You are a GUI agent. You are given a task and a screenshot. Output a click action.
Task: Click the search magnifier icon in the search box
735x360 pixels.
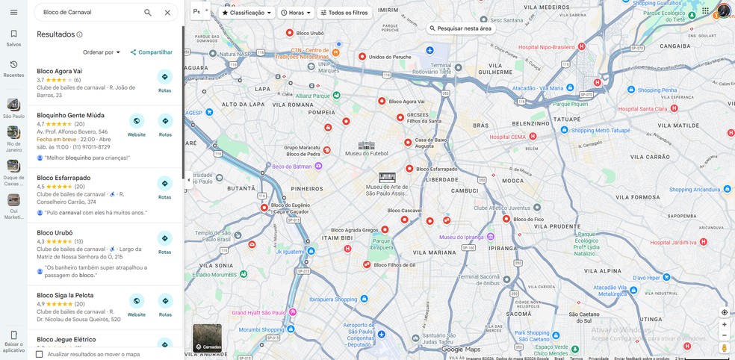click(x=148, y=13)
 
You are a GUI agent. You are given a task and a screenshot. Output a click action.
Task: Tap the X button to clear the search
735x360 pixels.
click(x=167, y=13)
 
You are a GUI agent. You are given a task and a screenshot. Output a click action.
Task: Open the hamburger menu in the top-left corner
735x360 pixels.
click(x=13, y=12)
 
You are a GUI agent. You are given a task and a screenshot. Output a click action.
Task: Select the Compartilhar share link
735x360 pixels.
click(x=151, y=52)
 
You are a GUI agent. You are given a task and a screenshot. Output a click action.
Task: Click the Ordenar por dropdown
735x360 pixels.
click(x=102, y=52)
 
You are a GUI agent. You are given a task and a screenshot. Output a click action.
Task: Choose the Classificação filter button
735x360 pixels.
click(x=246, y=13)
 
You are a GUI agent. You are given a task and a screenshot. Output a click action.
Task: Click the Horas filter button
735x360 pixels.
click(x=296, y=13)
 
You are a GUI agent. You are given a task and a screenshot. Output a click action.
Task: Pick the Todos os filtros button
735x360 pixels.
click(x=344, y=13)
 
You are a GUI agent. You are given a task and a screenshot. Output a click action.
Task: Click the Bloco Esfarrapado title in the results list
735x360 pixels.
click(x=63, y=178)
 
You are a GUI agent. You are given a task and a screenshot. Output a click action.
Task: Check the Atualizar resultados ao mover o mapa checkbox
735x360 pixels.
click(x=40, y=354)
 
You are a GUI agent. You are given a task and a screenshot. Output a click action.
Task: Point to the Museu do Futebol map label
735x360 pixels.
click(x=362, y=153)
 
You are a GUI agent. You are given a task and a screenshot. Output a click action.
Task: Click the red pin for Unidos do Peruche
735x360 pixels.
click(x=362, y=57)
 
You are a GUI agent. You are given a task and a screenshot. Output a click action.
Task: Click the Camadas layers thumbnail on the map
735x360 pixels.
click(x=207, y=338)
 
